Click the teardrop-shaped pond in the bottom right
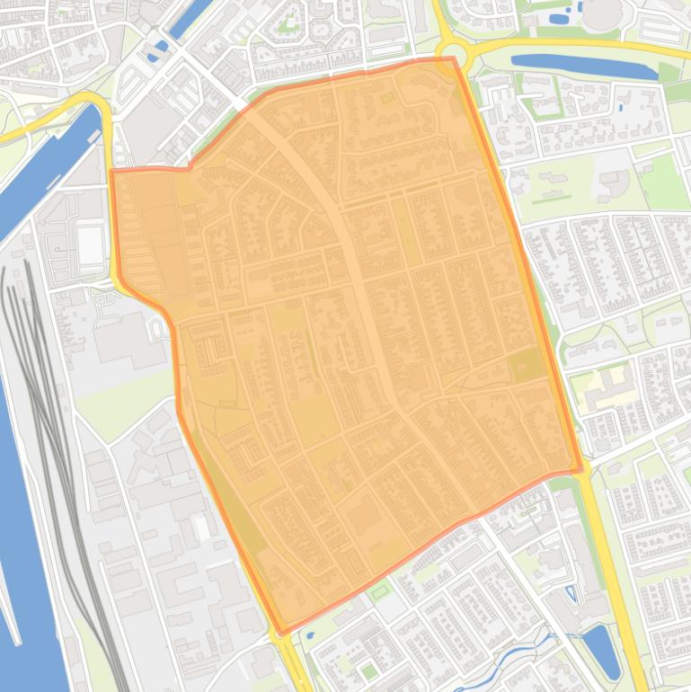click(x=601, y=652)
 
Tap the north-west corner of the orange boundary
click(x=111, y=171)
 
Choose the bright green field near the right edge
click(x=663, y=180)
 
